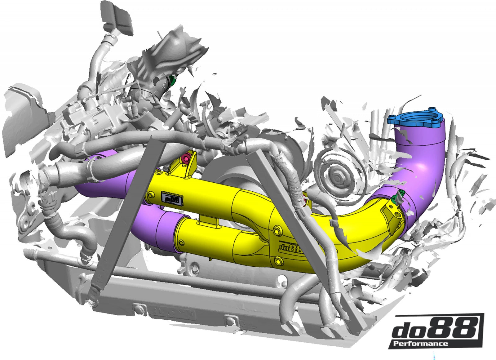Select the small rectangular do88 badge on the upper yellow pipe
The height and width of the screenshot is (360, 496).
coord(171,198)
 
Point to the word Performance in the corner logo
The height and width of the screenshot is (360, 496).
coord(420,344)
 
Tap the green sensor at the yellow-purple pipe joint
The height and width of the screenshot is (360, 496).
coord(400,195)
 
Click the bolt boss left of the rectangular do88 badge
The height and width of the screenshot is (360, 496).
coord(151,194)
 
